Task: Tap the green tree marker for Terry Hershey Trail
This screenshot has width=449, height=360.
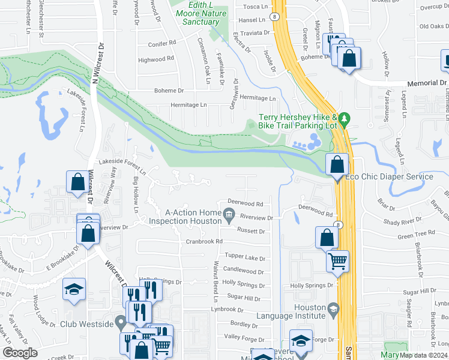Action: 344,118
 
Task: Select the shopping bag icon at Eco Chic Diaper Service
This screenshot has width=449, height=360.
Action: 337,163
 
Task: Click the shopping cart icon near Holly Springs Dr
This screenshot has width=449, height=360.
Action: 337,260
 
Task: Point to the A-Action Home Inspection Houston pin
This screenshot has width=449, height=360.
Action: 229,213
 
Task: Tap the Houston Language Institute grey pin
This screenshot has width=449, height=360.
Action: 334,311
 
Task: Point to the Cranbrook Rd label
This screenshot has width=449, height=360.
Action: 204,241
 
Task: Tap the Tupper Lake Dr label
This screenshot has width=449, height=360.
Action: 245,257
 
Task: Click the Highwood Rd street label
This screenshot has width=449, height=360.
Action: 155,59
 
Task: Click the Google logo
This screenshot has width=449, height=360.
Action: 20,353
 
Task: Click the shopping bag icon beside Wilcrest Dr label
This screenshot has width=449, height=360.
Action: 77,181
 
